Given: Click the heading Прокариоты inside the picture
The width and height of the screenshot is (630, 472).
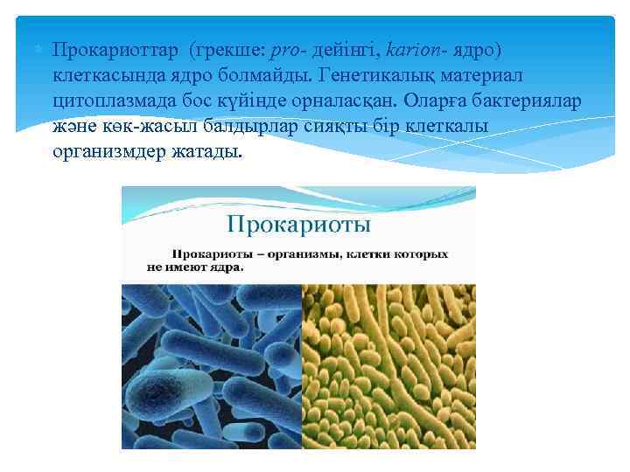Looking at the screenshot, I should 298,226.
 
